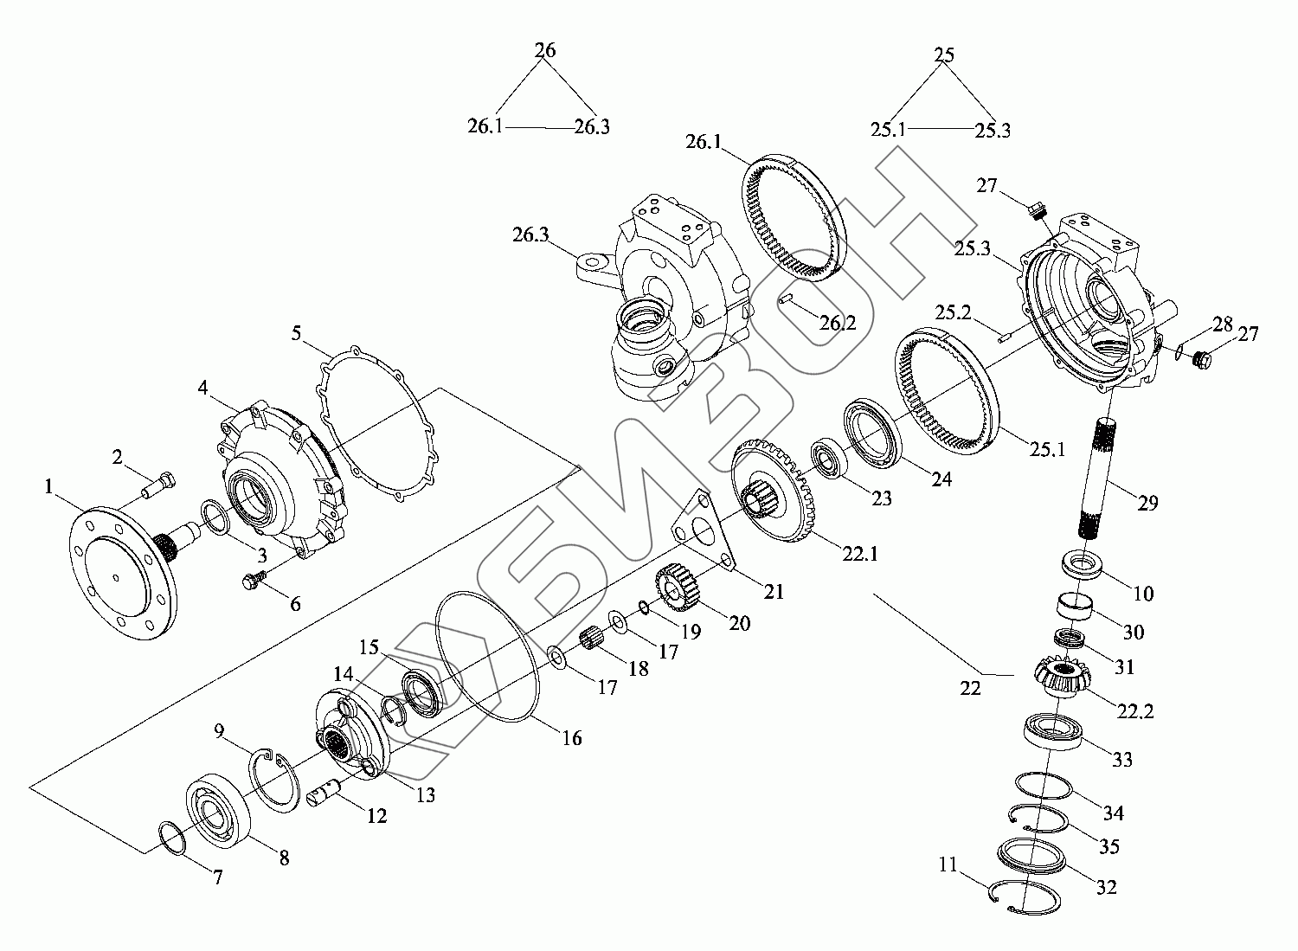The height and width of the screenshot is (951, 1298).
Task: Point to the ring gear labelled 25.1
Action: (948, 389)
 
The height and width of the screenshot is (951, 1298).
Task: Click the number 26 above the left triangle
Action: (545, 50)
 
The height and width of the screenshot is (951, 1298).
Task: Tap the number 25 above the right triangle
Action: (945, 55)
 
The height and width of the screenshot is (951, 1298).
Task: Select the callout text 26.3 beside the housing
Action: (530, 235)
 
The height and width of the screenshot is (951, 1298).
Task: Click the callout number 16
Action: (571, 738)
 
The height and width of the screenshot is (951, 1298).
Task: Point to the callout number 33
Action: (1121, 760)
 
